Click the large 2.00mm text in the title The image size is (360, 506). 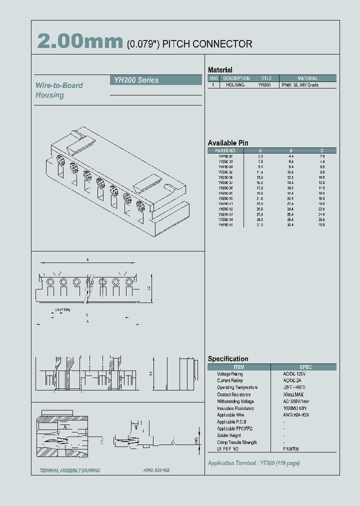tap(80, 42)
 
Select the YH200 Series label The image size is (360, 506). tap(134, 80)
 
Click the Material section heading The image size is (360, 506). tap(220, 70)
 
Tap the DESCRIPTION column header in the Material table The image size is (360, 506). tap(236, 78)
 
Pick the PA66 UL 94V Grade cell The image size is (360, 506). tap(307, 85)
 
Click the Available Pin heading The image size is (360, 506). tap(228, 143)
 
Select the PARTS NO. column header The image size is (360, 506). tap(225, 150)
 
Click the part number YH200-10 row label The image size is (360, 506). tap(225, 198)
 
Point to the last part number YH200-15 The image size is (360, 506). tap(225, 225)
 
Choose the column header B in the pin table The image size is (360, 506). tap(291, 150)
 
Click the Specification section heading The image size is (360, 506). tap(228, 359)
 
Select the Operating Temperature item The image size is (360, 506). tap(237, 387)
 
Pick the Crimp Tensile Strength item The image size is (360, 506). tap(237, 442)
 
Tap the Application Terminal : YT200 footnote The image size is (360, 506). tap(253, 463)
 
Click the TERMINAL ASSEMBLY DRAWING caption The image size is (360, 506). tap(70, 470)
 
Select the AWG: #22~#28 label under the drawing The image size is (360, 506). tap(153, 470)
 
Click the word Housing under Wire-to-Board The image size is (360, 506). tap(49, 95)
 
